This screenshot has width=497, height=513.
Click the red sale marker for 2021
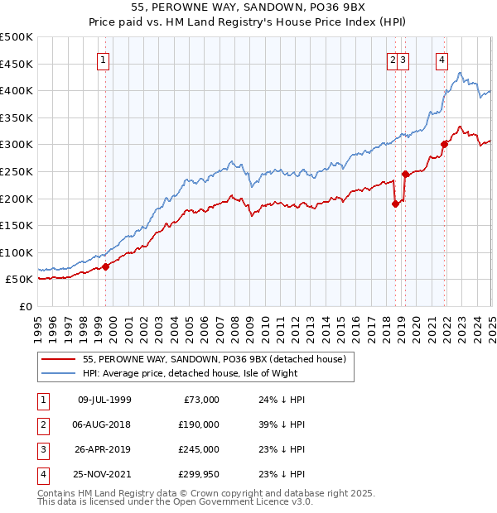click(445, 144)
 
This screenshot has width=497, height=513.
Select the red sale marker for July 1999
click(106, 266)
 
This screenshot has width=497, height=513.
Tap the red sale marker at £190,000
click(395, 204)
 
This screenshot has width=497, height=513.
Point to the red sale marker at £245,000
click(406, 174)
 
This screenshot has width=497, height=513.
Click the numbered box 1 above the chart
click(103, 59)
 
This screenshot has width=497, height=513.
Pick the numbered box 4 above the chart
click(442, 59)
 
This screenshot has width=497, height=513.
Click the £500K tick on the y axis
click(17, 37)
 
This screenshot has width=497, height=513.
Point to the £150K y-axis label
click(17, 225)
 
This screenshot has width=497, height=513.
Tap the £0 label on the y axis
click(24, 306)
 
